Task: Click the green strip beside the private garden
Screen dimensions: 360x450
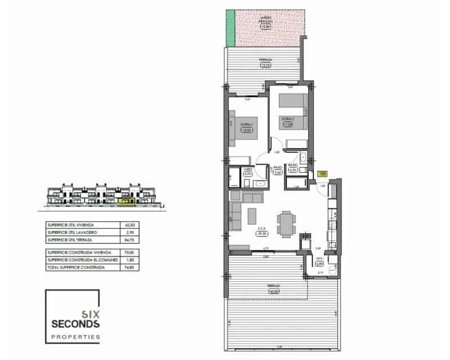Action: (x=230, y=29)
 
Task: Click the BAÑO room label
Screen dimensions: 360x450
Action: (x=292, y=167)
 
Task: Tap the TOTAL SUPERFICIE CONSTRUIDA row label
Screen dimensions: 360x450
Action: (x=76, y=268)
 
